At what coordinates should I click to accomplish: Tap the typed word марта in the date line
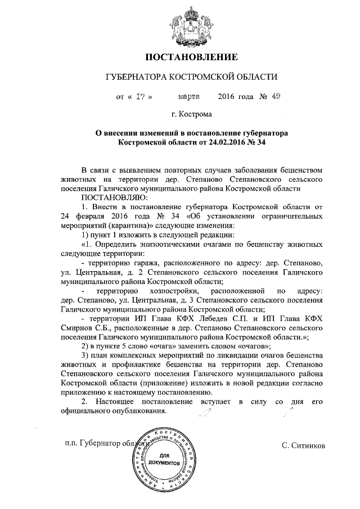click(x=189, y=96)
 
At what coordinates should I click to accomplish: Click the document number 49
click(x=276, y=96)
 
